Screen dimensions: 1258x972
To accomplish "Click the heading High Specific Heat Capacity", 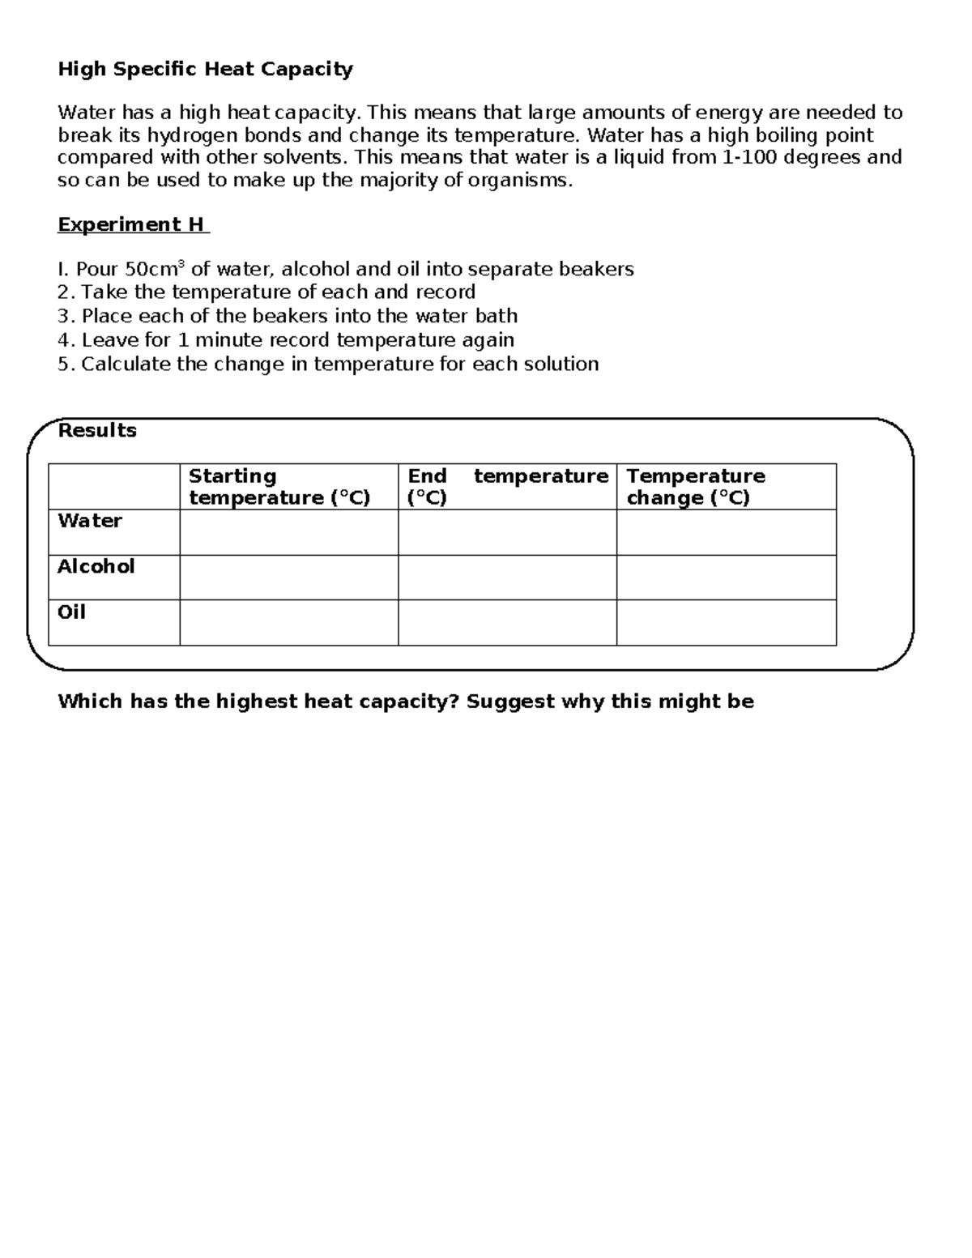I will point(205,70).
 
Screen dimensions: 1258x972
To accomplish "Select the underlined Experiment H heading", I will point(132,224).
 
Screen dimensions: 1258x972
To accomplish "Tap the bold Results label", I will point(97,430).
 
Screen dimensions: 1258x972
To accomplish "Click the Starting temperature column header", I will point(279,487).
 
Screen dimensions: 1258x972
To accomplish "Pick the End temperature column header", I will point(507,487).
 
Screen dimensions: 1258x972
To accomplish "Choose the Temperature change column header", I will point(696,487).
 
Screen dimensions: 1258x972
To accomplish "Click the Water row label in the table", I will point(90,521).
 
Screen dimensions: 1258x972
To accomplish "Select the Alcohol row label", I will point(96,566).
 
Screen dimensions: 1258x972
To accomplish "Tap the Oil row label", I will point(72,612).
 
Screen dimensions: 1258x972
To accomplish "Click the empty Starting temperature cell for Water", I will point(288,532).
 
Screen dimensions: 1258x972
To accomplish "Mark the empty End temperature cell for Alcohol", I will point(507,578).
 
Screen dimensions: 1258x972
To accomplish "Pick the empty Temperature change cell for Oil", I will point(726,623).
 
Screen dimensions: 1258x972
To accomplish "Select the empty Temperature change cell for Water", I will point(726,532).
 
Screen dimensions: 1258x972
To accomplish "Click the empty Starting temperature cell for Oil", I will point(288,623).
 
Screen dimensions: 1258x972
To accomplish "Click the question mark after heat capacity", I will point(454,701).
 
